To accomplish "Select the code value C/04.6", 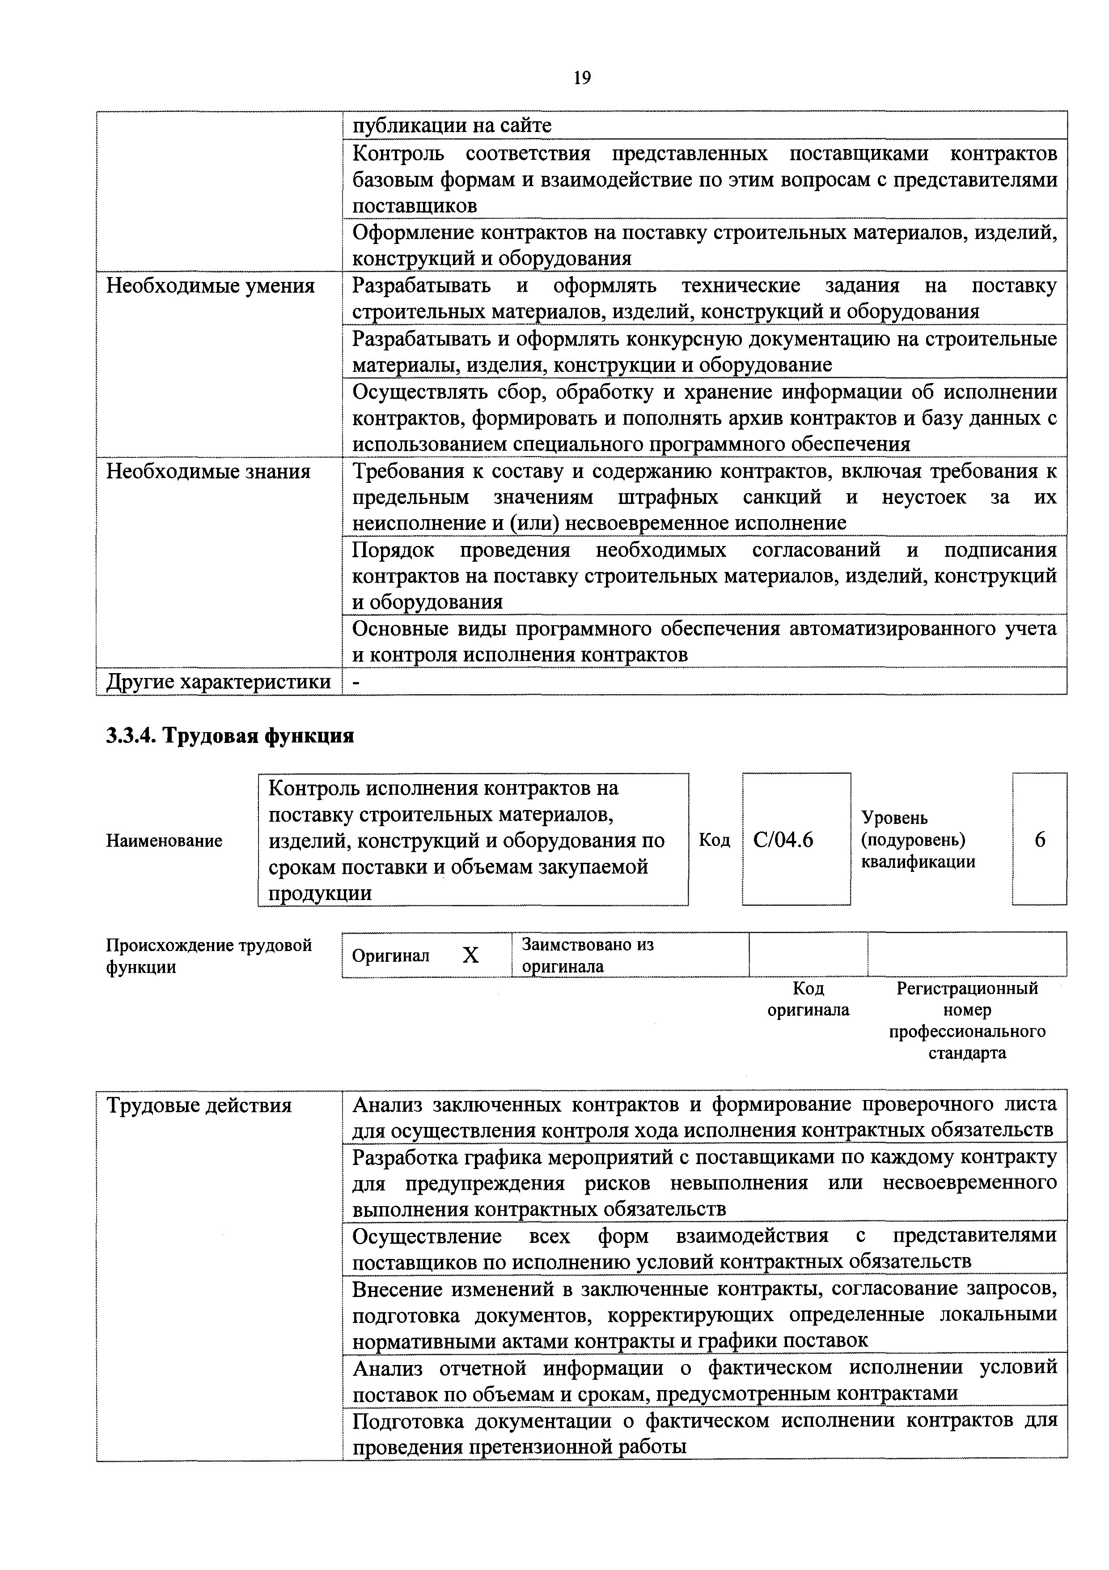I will [x=783, y=840].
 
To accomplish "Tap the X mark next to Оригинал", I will [x=470, y=955].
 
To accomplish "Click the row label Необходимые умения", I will [x=211, y=286].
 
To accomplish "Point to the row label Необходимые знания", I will [x=208, y=471].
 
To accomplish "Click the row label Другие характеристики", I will [x=218, y=682].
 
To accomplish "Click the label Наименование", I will [x=164, y=840].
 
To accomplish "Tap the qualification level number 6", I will [x=1039, y=840].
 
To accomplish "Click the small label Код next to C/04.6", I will [x=714, y=840].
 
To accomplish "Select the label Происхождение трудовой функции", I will [x=208, y=956].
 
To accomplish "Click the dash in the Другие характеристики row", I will [x=356, y=682].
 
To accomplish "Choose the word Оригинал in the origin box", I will [x=390, y=956].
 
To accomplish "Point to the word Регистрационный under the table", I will [x=967, y=988].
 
